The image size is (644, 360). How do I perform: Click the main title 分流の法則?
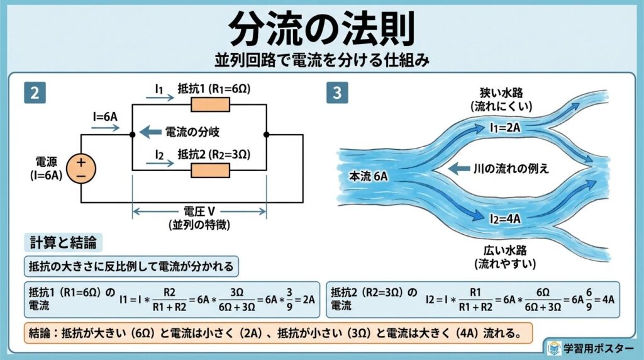click(321, 28)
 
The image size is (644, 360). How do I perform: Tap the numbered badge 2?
click(35, 93)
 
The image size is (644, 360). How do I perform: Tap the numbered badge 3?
click(338, 93)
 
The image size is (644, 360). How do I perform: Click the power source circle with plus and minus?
click(81, 169)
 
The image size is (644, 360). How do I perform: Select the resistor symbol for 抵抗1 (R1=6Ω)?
click(211, 104)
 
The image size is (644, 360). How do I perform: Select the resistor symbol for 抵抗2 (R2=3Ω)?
click(211, 169)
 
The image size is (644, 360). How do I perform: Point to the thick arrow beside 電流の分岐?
click(150, 132)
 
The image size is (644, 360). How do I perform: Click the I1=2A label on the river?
click(505, 128)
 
